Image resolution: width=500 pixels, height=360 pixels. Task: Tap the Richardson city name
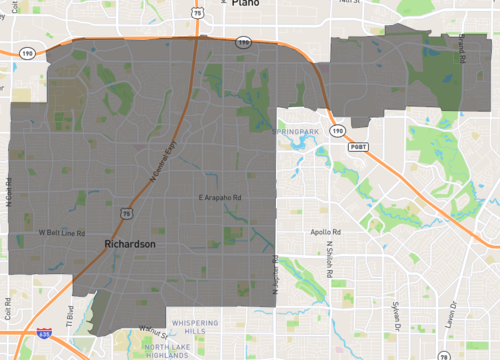coord(127,243)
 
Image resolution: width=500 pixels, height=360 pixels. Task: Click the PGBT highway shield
coord(358,147)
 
